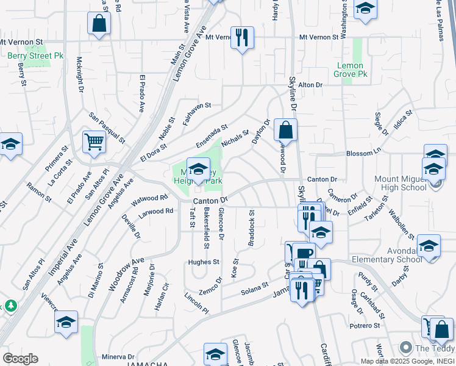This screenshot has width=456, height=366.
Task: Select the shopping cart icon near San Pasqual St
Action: [x=94, y=142]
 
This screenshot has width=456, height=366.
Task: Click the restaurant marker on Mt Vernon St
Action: [x=242, y=37]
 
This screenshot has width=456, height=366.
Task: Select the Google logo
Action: [x=20, y=359]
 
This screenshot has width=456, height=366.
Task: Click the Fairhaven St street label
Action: [x=196, y=113]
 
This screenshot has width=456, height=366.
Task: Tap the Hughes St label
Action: [x=203, y=262]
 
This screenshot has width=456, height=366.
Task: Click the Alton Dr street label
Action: [x=310, y=85]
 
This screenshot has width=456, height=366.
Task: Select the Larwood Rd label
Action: [x=157, y=211]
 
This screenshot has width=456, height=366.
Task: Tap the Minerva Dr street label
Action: [x=118, y=356]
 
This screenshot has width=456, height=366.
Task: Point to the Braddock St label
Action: [x=251, y=228]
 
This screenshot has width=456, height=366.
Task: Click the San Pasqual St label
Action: [x=107, y=127]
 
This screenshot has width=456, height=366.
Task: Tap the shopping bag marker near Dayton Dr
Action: [x=285, y=129]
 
